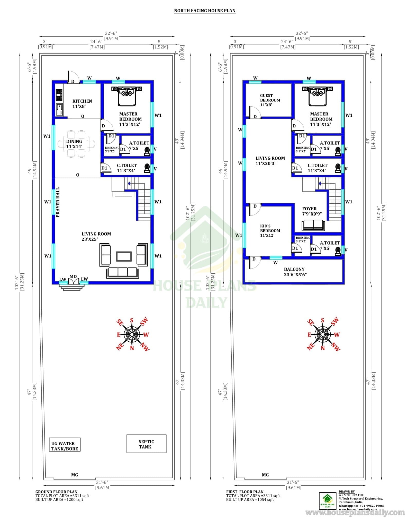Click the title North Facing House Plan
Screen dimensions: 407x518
(205, 11)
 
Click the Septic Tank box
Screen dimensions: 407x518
(146, 444)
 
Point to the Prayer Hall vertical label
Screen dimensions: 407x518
(58, 202)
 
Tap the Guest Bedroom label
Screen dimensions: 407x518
(270, 100)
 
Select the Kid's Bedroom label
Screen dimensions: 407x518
(270, 230)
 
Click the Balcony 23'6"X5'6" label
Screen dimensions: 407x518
(295, 272)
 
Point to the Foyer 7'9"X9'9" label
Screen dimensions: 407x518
(312, 211)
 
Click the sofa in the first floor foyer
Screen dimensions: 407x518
(313, 225)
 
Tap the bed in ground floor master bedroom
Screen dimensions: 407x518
(127, 96)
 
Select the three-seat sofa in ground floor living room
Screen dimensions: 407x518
(122, 273)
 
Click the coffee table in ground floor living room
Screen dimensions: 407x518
(124, 256)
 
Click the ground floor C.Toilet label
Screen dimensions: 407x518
(126, 168)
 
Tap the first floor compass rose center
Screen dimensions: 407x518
(323, 334)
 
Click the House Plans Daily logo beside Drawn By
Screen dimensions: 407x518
(328, 500)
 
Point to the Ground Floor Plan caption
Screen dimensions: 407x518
(56, 491)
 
